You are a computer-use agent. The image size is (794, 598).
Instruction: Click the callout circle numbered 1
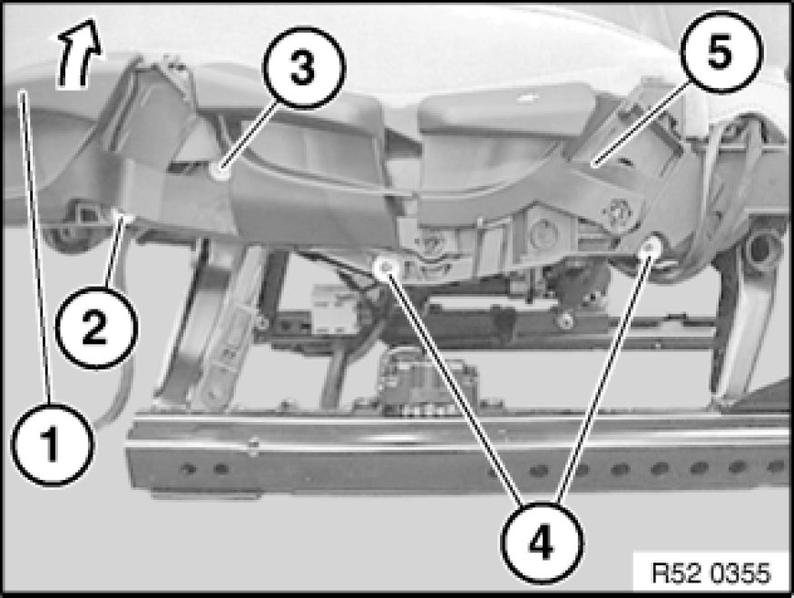pyautogui.click(x=53, y=445)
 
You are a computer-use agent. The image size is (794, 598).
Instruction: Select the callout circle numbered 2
pyautogui.click(x=95, y=327)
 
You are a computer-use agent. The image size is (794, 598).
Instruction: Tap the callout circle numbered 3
pyautogui.click(x=304, y=67)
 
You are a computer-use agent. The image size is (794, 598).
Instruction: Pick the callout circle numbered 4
pyautogui.click(x=542, y=544)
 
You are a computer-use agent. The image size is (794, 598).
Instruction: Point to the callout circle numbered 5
pyautogui.click(x=721, y=51)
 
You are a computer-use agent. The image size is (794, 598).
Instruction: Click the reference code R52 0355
pyautogui.click(x=710, y=573)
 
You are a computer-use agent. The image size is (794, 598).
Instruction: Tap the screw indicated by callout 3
pyautogui.click(x=220, y=172)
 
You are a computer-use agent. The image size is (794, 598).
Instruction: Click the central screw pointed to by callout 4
pyautogui.click(x=387, y=266)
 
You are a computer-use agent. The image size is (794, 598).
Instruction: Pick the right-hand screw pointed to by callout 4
pyautogui.click(x=650, y=247)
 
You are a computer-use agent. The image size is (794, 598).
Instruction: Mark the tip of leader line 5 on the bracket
pyautogui.click(x=596, y=162)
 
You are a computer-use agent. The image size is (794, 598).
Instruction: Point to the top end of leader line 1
pyautogui.click(x=23, y=93)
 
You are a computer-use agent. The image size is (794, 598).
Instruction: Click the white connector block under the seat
pyautogui.click(x=337, y=309)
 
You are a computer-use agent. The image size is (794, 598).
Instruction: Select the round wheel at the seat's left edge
pyautogui.click(x=64, y=234)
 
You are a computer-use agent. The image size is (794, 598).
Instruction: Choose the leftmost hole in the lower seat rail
pyautogui.click(x=189, y=468)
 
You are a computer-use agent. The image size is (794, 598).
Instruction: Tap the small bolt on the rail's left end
pyautogui.click(x=253, y=446)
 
